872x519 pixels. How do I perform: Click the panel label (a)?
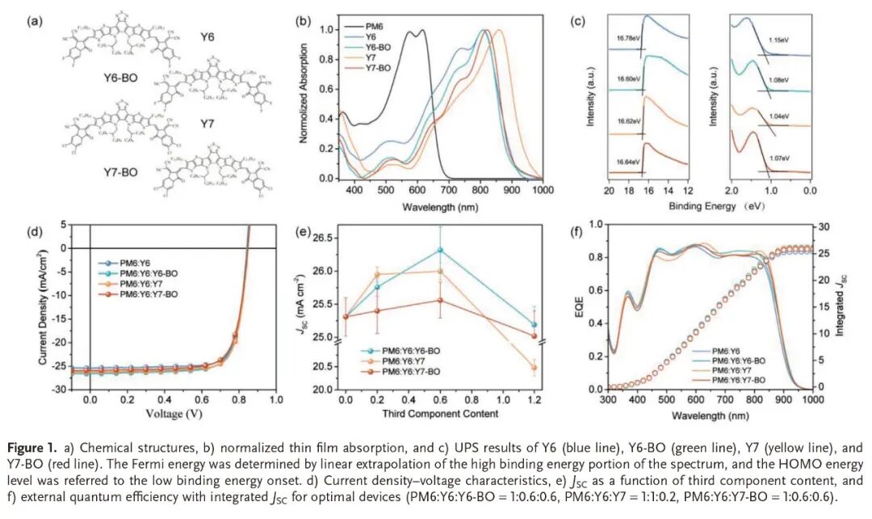(x=35, y=21)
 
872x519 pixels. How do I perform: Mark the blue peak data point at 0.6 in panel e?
(x=440, y=250)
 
